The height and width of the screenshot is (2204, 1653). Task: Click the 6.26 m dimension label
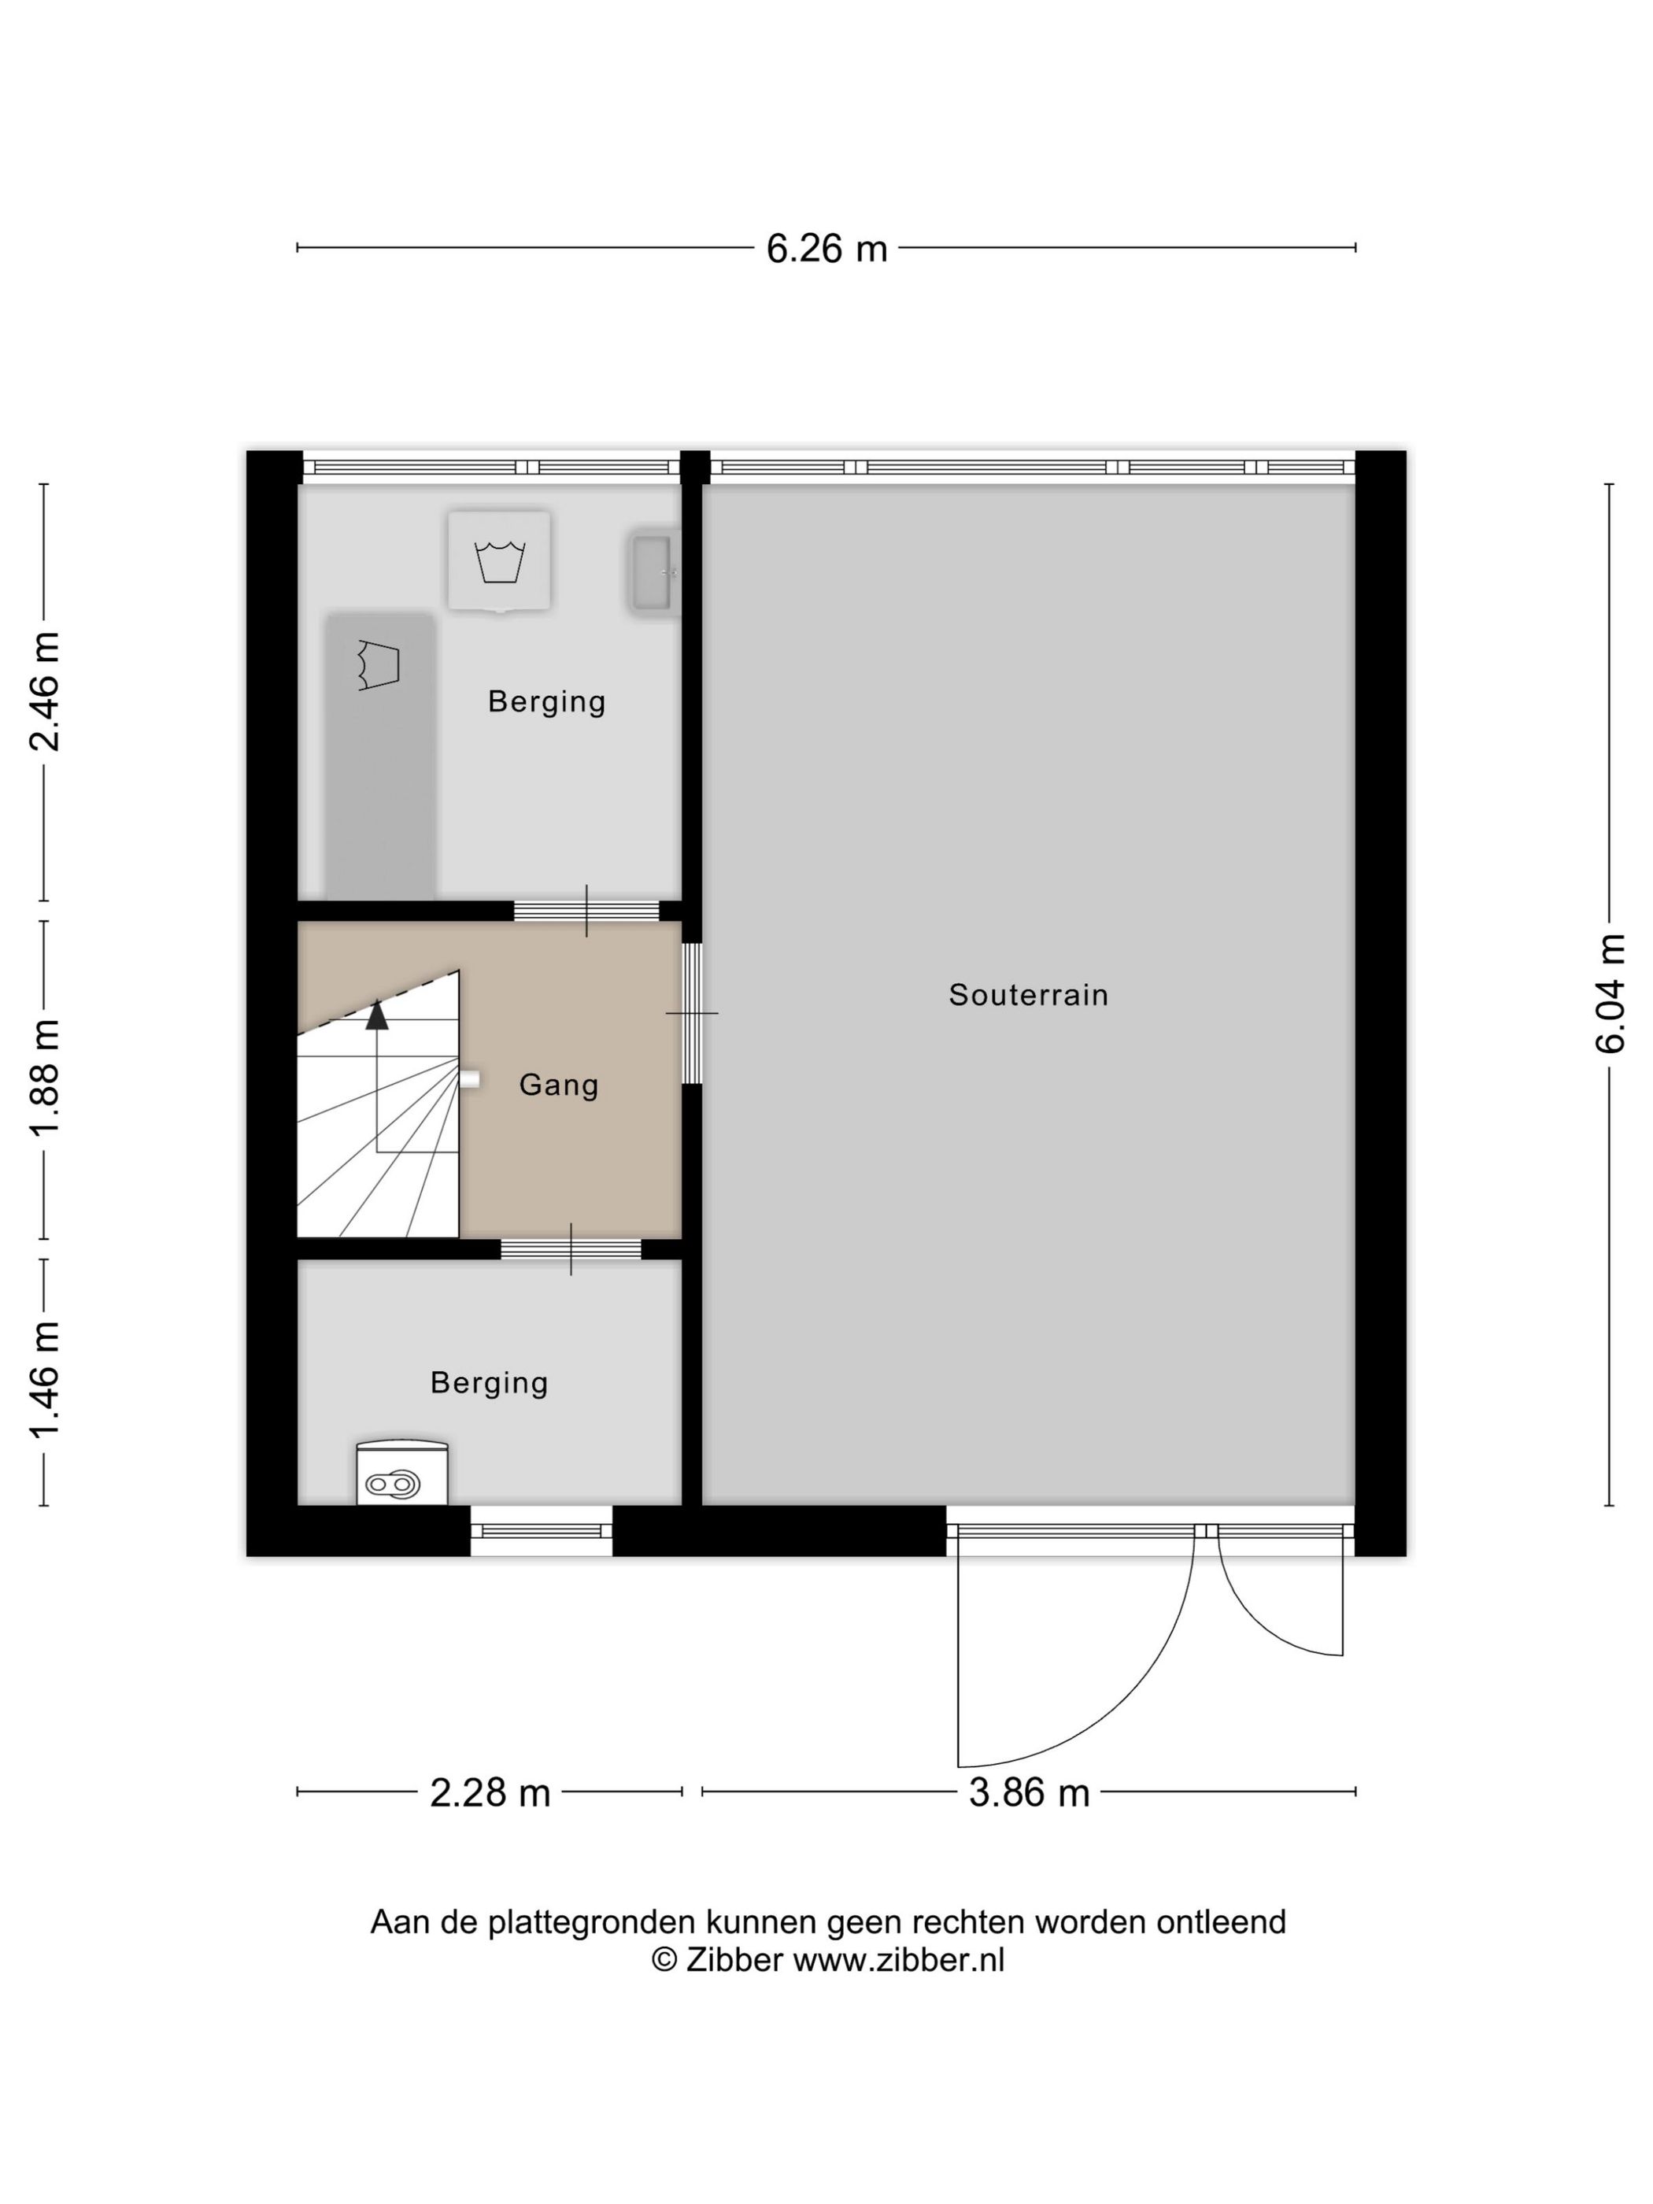tap(826, 248)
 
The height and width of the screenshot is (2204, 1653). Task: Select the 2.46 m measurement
tap(45, 690)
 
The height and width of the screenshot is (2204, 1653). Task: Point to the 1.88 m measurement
tap(45, 1078)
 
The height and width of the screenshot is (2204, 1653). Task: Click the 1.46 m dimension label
tap(45, 1381)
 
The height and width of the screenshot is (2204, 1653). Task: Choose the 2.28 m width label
tap(490, 1792)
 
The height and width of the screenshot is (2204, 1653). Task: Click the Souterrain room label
tap(1028, 994)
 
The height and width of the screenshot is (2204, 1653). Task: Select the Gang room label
tap(558, 1085)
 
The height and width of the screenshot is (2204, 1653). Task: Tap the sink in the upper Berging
tap(653, 573)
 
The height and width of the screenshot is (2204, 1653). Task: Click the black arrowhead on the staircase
tap(376, 1015)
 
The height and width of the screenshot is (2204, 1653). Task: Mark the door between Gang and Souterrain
tap(691, 1012)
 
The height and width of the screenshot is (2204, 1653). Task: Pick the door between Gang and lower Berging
tap(571, 1248)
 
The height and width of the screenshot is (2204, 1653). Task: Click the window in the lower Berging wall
tap(541, 1529)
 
